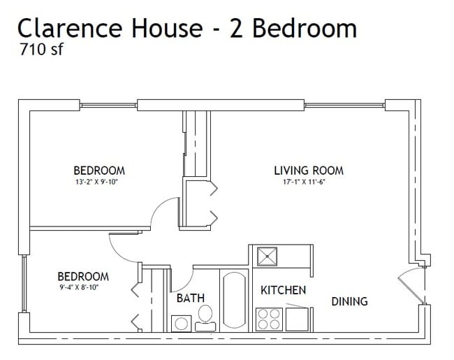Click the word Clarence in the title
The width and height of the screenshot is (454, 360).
tap(70, 28)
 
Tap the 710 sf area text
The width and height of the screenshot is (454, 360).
tap(41, 49)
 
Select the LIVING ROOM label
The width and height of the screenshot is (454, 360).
tap(309, 171)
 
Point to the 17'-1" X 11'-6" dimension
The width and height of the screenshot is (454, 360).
tap(302, 182)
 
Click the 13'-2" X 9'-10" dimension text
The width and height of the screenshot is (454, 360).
tap(96, 182)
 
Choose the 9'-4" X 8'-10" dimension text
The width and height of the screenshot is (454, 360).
tap(79, 287)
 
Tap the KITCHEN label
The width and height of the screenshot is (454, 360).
tap(283, 290)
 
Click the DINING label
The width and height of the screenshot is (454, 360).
tap(349, 301)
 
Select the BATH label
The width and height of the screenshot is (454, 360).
tap(191, 298)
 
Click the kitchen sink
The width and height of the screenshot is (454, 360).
tap(268, 257)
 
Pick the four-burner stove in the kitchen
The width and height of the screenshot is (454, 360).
tap(270, 319)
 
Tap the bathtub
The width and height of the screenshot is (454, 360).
tap(235, 301)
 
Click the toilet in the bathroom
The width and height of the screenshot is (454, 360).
tap(205, 318)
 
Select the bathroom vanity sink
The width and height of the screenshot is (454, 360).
tap(182, 323)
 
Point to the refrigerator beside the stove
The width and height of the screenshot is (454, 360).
tap(297, 319)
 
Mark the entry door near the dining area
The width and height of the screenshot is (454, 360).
tap(410, 287)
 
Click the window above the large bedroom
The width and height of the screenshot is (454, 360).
tap(108, 106)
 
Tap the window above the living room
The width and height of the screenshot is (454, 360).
tap(344, 106)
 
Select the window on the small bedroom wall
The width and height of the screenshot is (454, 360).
tap(24, 284)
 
